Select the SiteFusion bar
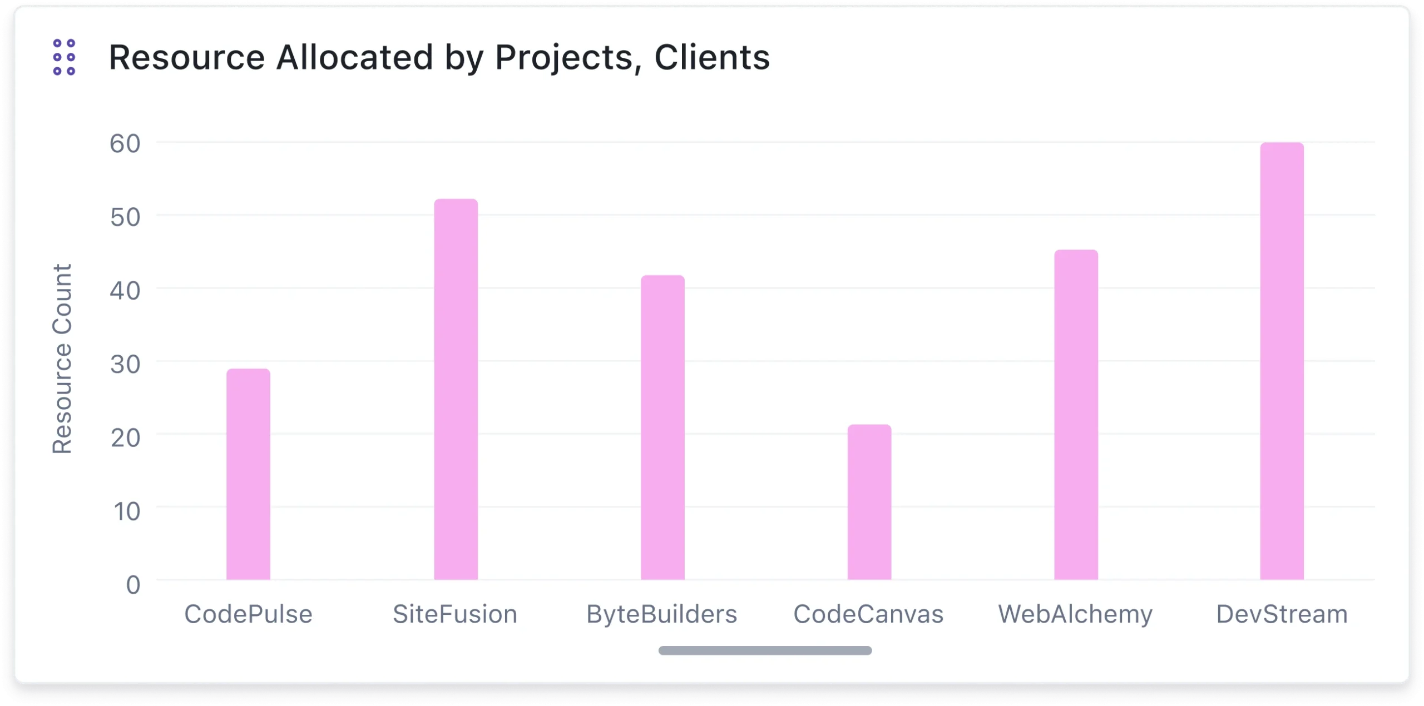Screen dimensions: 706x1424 pos(456,389)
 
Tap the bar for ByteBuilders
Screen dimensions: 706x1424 pos(662,427)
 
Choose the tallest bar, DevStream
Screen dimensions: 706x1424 pos(1282,361)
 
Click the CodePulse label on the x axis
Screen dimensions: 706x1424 pos(248,614)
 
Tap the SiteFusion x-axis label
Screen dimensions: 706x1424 pos(455,614)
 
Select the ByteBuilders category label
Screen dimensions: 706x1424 pos(661,614)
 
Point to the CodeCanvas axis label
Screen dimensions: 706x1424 pos(868,614)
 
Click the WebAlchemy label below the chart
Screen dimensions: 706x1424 pos(1075,614)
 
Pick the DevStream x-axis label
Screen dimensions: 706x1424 pos(1282,614)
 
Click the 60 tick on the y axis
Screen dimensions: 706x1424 pos(125,144)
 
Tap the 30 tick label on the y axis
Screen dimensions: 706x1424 pos(125,365)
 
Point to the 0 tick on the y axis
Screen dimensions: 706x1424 pos(133,585)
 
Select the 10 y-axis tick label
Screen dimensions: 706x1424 pos(127,511)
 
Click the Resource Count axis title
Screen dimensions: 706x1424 pos(62,359)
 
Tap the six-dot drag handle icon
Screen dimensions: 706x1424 pos(64,57)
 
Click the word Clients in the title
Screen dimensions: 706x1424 pos(712,57)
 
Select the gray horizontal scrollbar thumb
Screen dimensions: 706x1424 pos(765,650)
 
